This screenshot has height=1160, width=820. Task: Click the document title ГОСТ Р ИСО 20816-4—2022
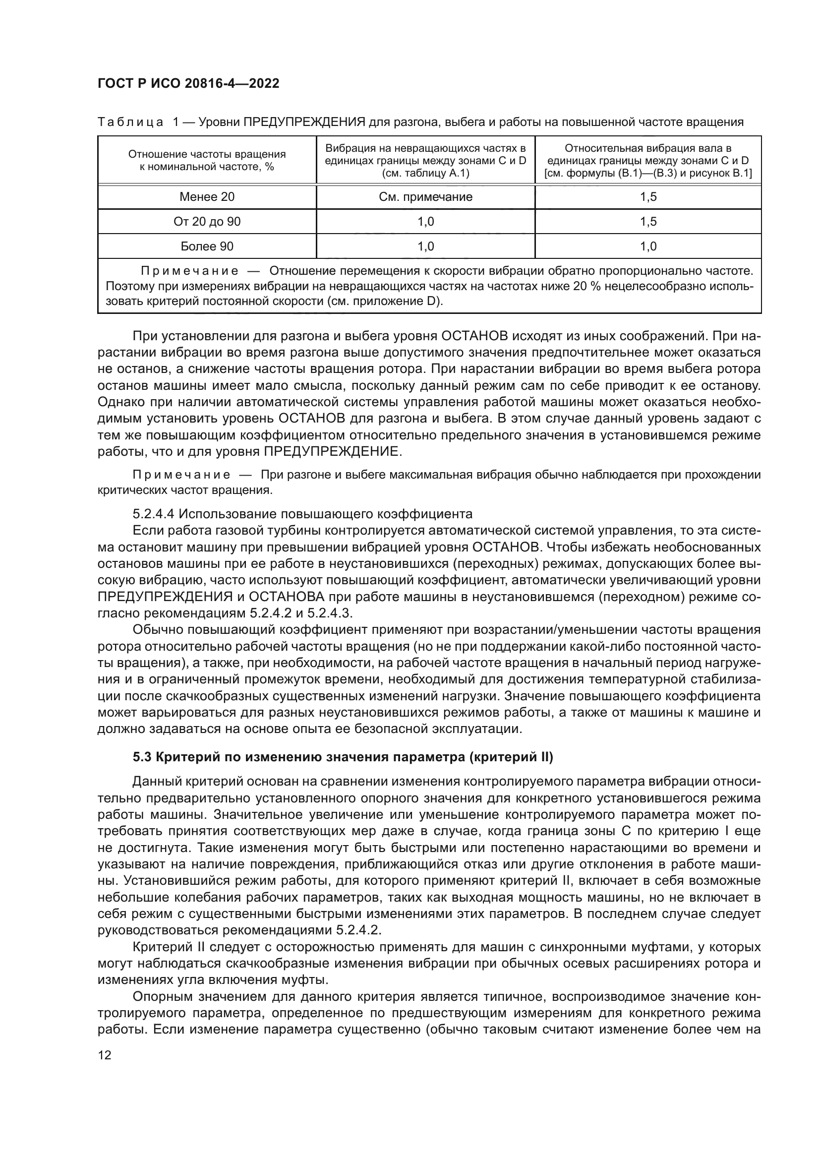pos(188,83)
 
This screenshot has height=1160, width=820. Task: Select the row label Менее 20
pos(207,197)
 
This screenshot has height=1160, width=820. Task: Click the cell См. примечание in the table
pos(426,197)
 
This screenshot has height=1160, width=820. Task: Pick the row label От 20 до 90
pos(207,222)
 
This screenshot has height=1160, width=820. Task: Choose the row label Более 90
pos(207,246)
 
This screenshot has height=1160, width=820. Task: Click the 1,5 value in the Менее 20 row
pos(648,197)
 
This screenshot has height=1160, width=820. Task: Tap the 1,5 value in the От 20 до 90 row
pos(648,222)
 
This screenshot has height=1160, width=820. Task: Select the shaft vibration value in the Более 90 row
pos(648,246)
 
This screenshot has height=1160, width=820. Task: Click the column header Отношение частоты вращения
pos(207,154)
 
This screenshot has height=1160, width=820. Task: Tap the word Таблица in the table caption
pos(130,122)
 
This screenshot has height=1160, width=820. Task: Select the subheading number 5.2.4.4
pos(154,514)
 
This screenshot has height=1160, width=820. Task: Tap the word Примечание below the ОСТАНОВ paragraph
pos(181,475)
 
